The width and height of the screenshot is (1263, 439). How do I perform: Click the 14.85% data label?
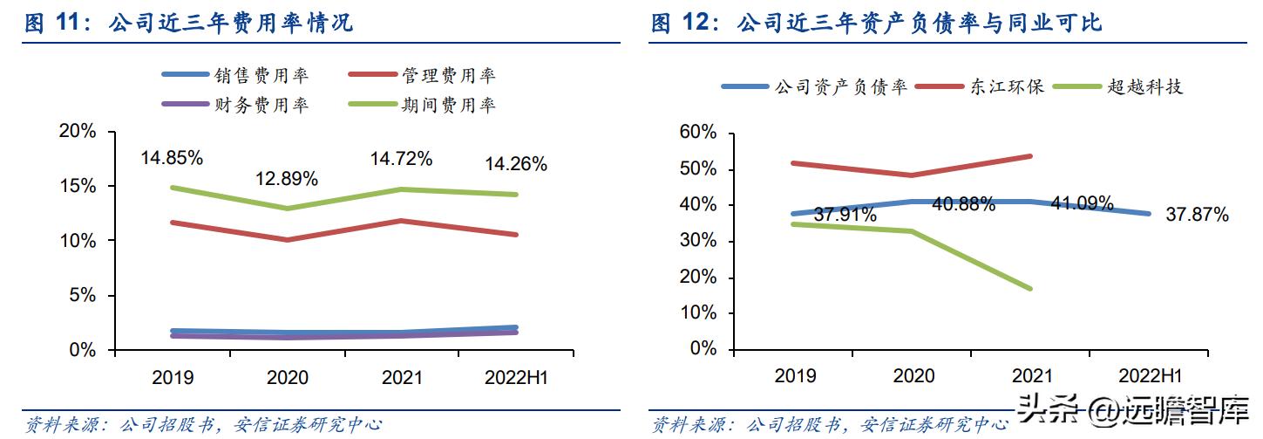click(172, 158)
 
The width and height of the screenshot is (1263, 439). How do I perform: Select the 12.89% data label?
click(286, 179)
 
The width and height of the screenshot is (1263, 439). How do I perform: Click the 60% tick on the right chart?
click(697, 133)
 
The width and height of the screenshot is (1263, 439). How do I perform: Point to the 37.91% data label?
click(845, 215)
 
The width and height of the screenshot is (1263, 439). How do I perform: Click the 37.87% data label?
click(1197, 215)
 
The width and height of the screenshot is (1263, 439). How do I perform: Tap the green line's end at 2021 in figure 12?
click(1030, 288)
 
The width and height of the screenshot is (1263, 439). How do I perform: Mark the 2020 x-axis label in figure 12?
click(913, 376)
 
